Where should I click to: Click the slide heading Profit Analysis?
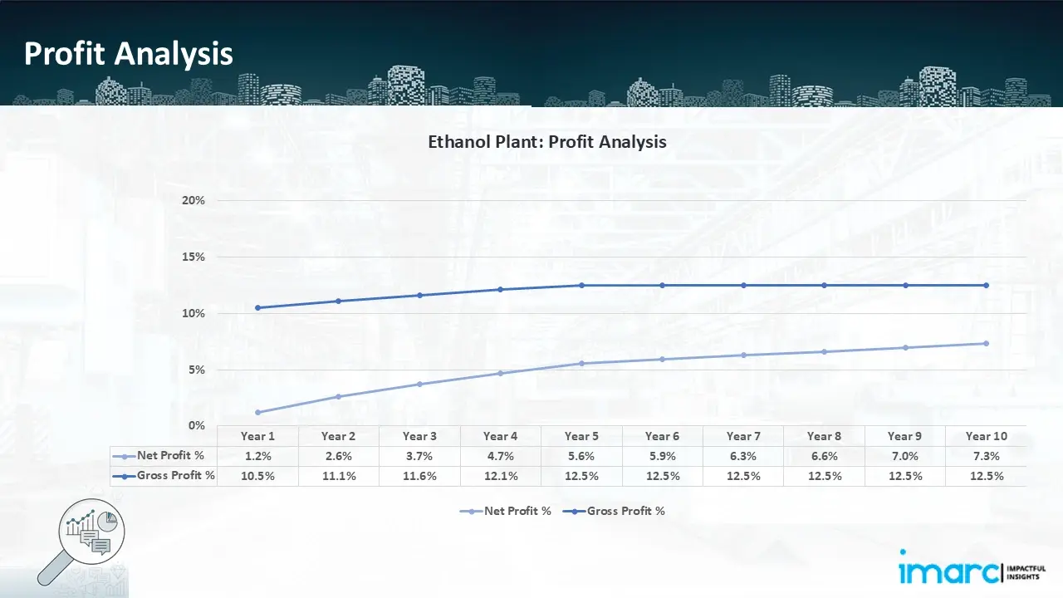click(129, 54)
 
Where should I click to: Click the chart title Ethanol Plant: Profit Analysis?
click(546, 142)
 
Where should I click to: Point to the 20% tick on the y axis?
click(193, 201)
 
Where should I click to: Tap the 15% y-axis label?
click(193, 257)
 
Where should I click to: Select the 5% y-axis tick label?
click(197, 370)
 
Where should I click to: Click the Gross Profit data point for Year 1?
click(257, 307)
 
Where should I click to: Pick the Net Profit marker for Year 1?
click(257, 412)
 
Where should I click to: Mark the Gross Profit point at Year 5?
click(581, 285)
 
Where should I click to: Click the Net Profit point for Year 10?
click(986, 343)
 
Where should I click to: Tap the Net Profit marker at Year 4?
click(500, 373)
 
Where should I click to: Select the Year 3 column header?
click(419, 436)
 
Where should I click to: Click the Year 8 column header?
click(824, 436)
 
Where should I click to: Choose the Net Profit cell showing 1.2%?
click(257, 456)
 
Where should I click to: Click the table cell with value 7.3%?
click(986, 456)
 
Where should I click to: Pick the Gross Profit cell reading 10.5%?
click(257, 476)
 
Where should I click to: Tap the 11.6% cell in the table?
click(419, 476)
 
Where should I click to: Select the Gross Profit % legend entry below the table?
click(615, 511)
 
